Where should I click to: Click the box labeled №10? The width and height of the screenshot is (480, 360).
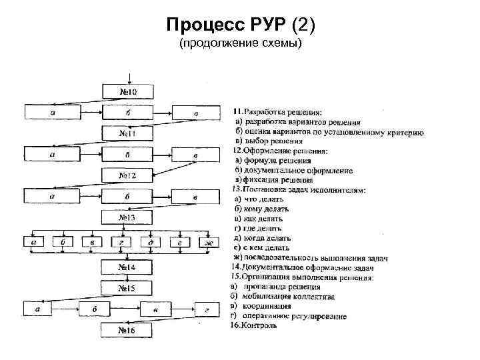(x=127, y=91)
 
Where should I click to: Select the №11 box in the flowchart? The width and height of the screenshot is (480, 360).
(x=127, y=133)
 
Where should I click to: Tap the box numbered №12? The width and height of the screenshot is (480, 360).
(x=127, y=176)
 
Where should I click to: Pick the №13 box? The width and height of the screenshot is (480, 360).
(x=127, y=218)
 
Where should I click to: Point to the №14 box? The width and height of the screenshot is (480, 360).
(x=127, y=267)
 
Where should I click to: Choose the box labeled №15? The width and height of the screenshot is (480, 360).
(x=127, y=289)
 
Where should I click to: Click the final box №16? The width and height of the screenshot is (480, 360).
(x=127, y=330)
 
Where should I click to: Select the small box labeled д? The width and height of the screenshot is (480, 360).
(x=151, y=243)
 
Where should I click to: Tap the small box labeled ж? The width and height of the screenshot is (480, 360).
(x=209, y=243)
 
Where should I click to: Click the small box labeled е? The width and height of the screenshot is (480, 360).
(x=180, y=243)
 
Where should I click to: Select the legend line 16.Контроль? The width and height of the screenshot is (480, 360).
(x=255, y=326)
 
